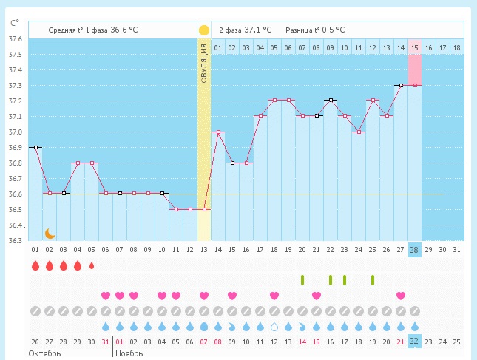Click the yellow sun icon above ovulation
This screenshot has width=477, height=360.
pos(203,30)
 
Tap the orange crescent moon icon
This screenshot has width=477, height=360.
pos(50,234)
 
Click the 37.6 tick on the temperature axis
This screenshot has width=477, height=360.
pos(15,39)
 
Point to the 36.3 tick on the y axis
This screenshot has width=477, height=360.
pos(15,240)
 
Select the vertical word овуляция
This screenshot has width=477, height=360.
pos(203,66)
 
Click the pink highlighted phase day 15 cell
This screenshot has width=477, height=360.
pos(414,48)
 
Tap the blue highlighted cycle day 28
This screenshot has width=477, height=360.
pos(414,249)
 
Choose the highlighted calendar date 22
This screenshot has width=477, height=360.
pos(414,342)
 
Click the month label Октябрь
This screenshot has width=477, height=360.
pos(44,353)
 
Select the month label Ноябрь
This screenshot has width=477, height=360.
pos(129,353)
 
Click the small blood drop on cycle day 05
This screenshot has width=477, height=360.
pos(92,265)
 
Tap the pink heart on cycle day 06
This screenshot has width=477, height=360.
pos(106,296)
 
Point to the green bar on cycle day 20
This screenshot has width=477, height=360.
pos(302,280)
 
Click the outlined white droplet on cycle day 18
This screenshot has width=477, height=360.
pos(274,326)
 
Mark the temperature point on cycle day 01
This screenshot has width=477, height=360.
pos(35,147)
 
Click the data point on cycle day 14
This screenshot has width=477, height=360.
pos(218,132)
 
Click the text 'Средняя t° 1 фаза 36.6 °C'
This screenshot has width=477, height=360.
pos(93,30)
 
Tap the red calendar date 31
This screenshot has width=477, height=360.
pos(106,342)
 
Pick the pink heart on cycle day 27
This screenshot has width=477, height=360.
pos(400,296)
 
